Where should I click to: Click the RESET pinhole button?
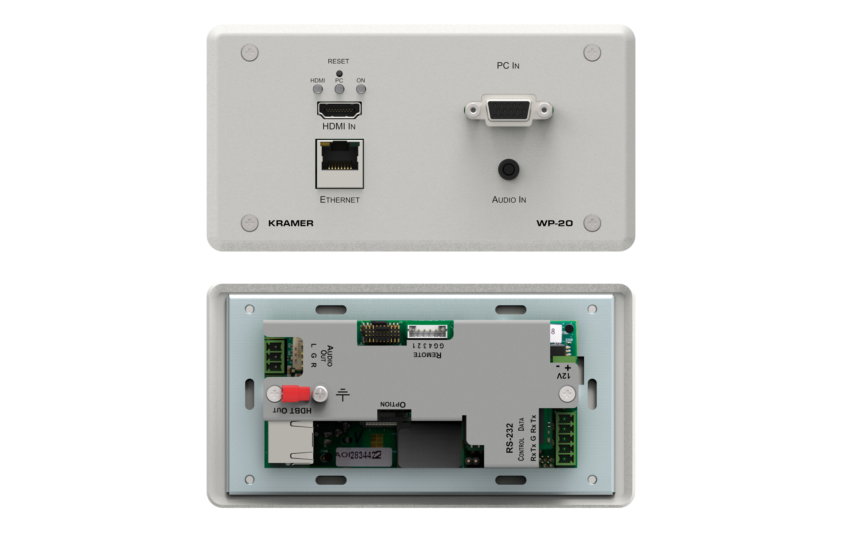click(339, 74)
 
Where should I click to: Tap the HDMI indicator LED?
click(317, 89)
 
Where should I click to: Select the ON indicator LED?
click(361, 89)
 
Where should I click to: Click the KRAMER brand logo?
click(290, 223)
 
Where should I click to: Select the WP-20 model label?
click(555, 223)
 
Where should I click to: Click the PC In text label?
click(508, 66)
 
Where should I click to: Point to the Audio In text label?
click(509, 200)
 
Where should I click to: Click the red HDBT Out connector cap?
click(296, 394)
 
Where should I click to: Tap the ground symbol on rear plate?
click(343, 395)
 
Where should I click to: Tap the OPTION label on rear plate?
click(393, 404)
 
